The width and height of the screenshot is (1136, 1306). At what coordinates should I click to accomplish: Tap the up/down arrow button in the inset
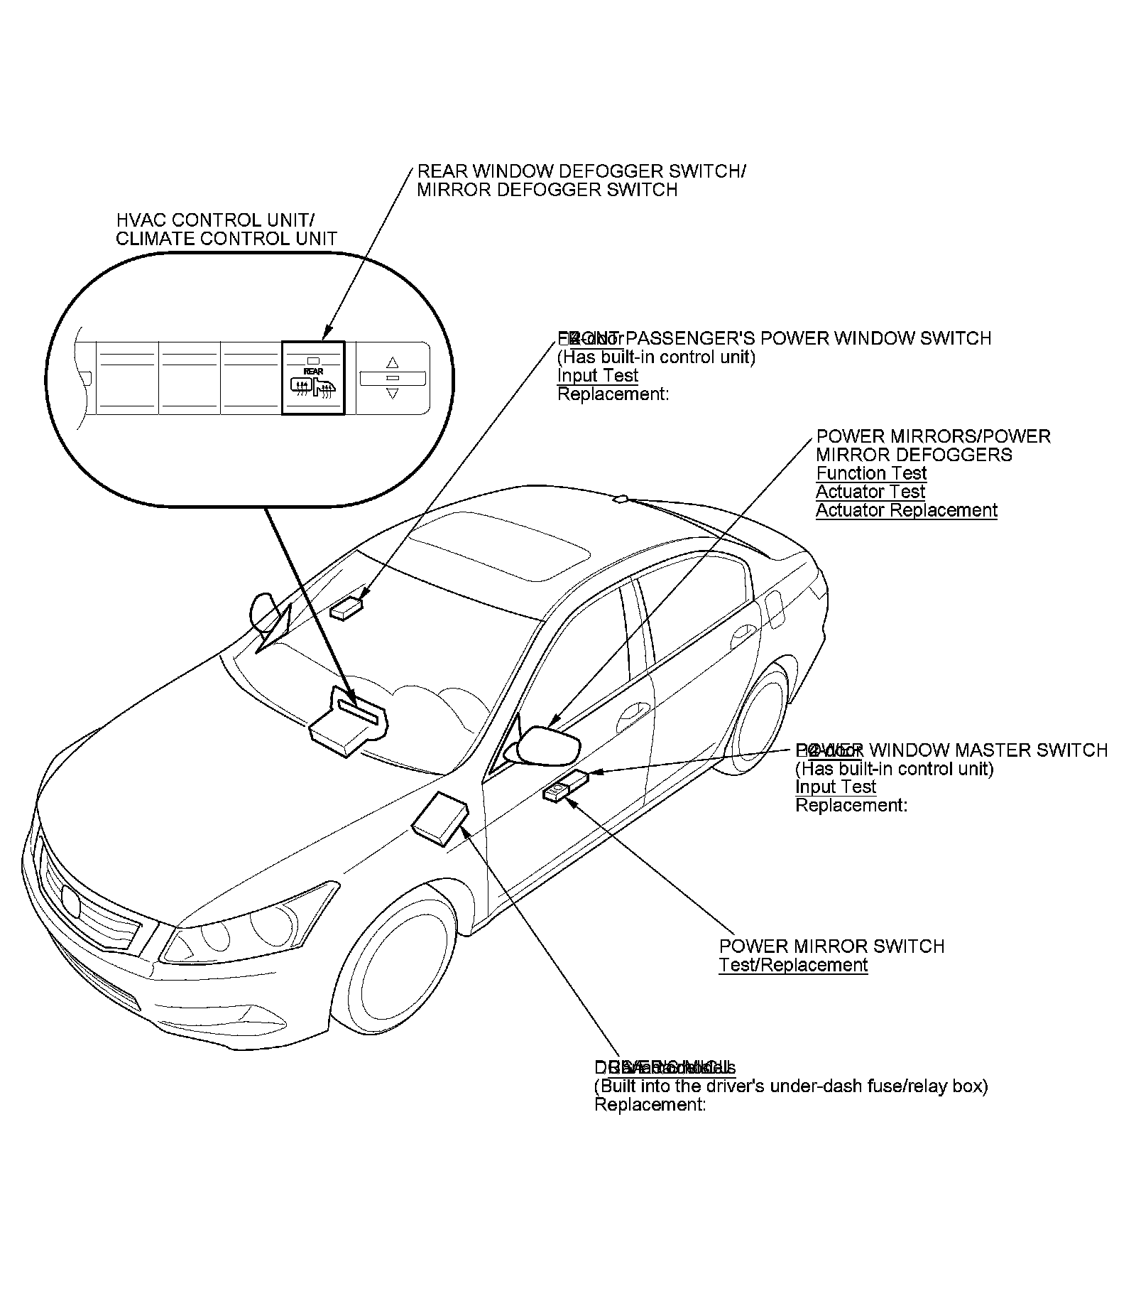tap(393, 378)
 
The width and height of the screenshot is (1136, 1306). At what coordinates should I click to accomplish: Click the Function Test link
tap(871, 473)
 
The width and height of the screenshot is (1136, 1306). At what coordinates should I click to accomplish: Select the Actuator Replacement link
tap(906, 510)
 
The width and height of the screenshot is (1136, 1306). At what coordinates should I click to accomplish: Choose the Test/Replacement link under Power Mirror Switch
tap(793, 965)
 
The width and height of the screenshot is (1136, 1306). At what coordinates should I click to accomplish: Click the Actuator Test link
tap(870, 492)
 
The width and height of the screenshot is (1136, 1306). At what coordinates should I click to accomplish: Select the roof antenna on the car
tap(621, 499)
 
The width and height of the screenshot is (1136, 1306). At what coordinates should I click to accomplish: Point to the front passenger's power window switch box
tap(347, 608)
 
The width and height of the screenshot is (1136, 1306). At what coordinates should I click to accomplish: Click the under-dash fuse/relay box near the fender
tap(440, 819)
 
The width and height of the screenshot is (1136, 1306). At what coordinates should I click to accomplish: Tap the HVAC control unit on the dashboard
tap(348, 721)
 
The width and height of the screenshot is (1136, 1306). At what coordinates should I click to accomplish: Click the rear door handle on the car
tap(744, 631)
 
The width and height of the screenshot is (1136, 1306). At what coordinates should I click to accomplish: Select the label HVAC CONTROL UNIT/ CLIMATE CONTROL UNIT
tap(226, 230)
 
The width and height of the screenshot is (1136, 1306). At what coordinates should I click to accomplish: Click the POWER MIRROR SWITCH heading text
tap(831, 946)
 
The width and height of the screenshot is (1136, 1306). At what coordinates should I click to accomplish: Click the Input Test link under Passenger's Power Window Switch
tap(597, 375)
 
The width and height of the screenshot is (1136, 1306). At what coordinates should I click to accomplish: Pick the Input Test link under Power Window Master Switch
tap(835, 787)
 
